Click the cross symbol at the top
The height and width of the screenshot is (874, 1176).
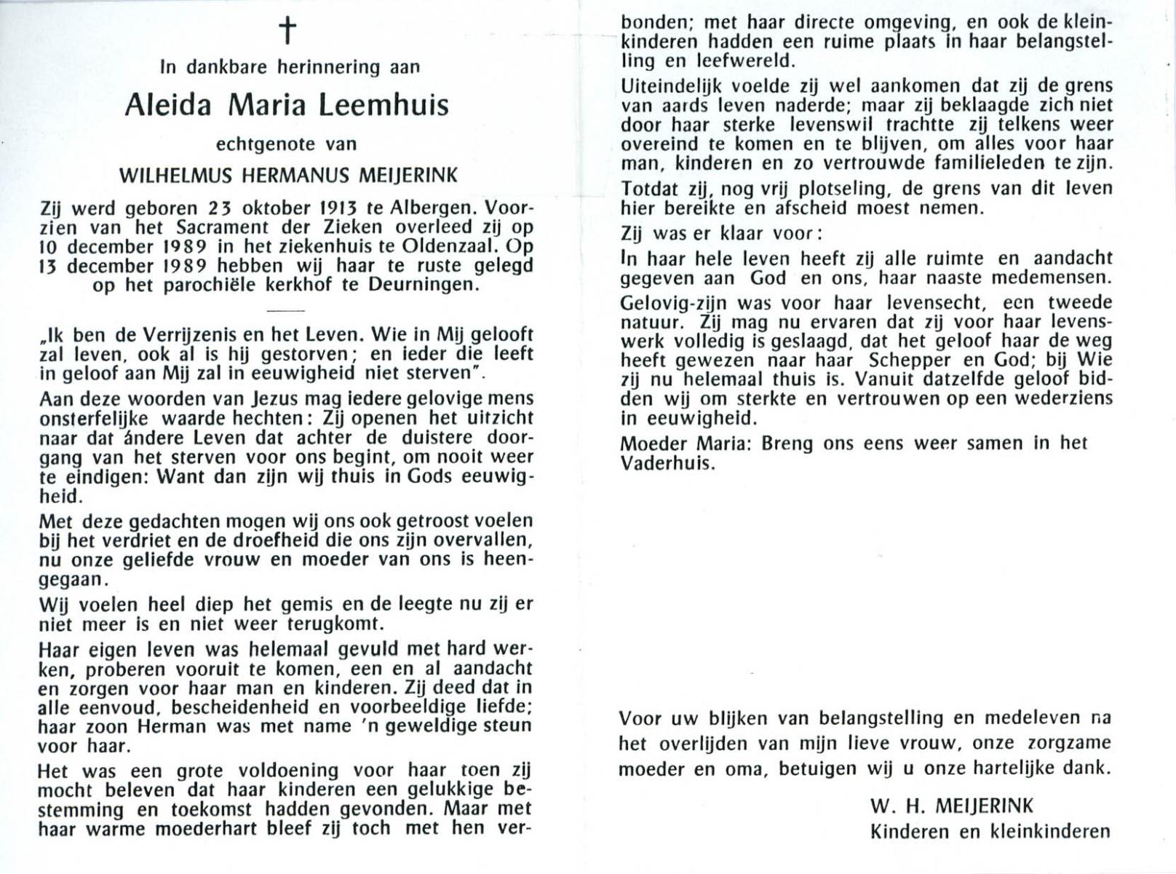point(288,31)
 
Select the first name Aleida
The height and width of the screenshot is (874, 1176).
point(168,106)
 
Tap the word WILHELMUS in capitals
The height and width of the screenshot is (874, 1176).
point(175,176)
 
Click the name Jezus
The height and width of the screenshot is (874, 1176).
point(275,399)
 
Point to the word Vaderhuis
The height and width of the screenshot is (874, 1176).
point(663,463)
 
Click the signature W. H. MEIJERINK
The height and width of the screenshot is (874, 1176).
point(951,806)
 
